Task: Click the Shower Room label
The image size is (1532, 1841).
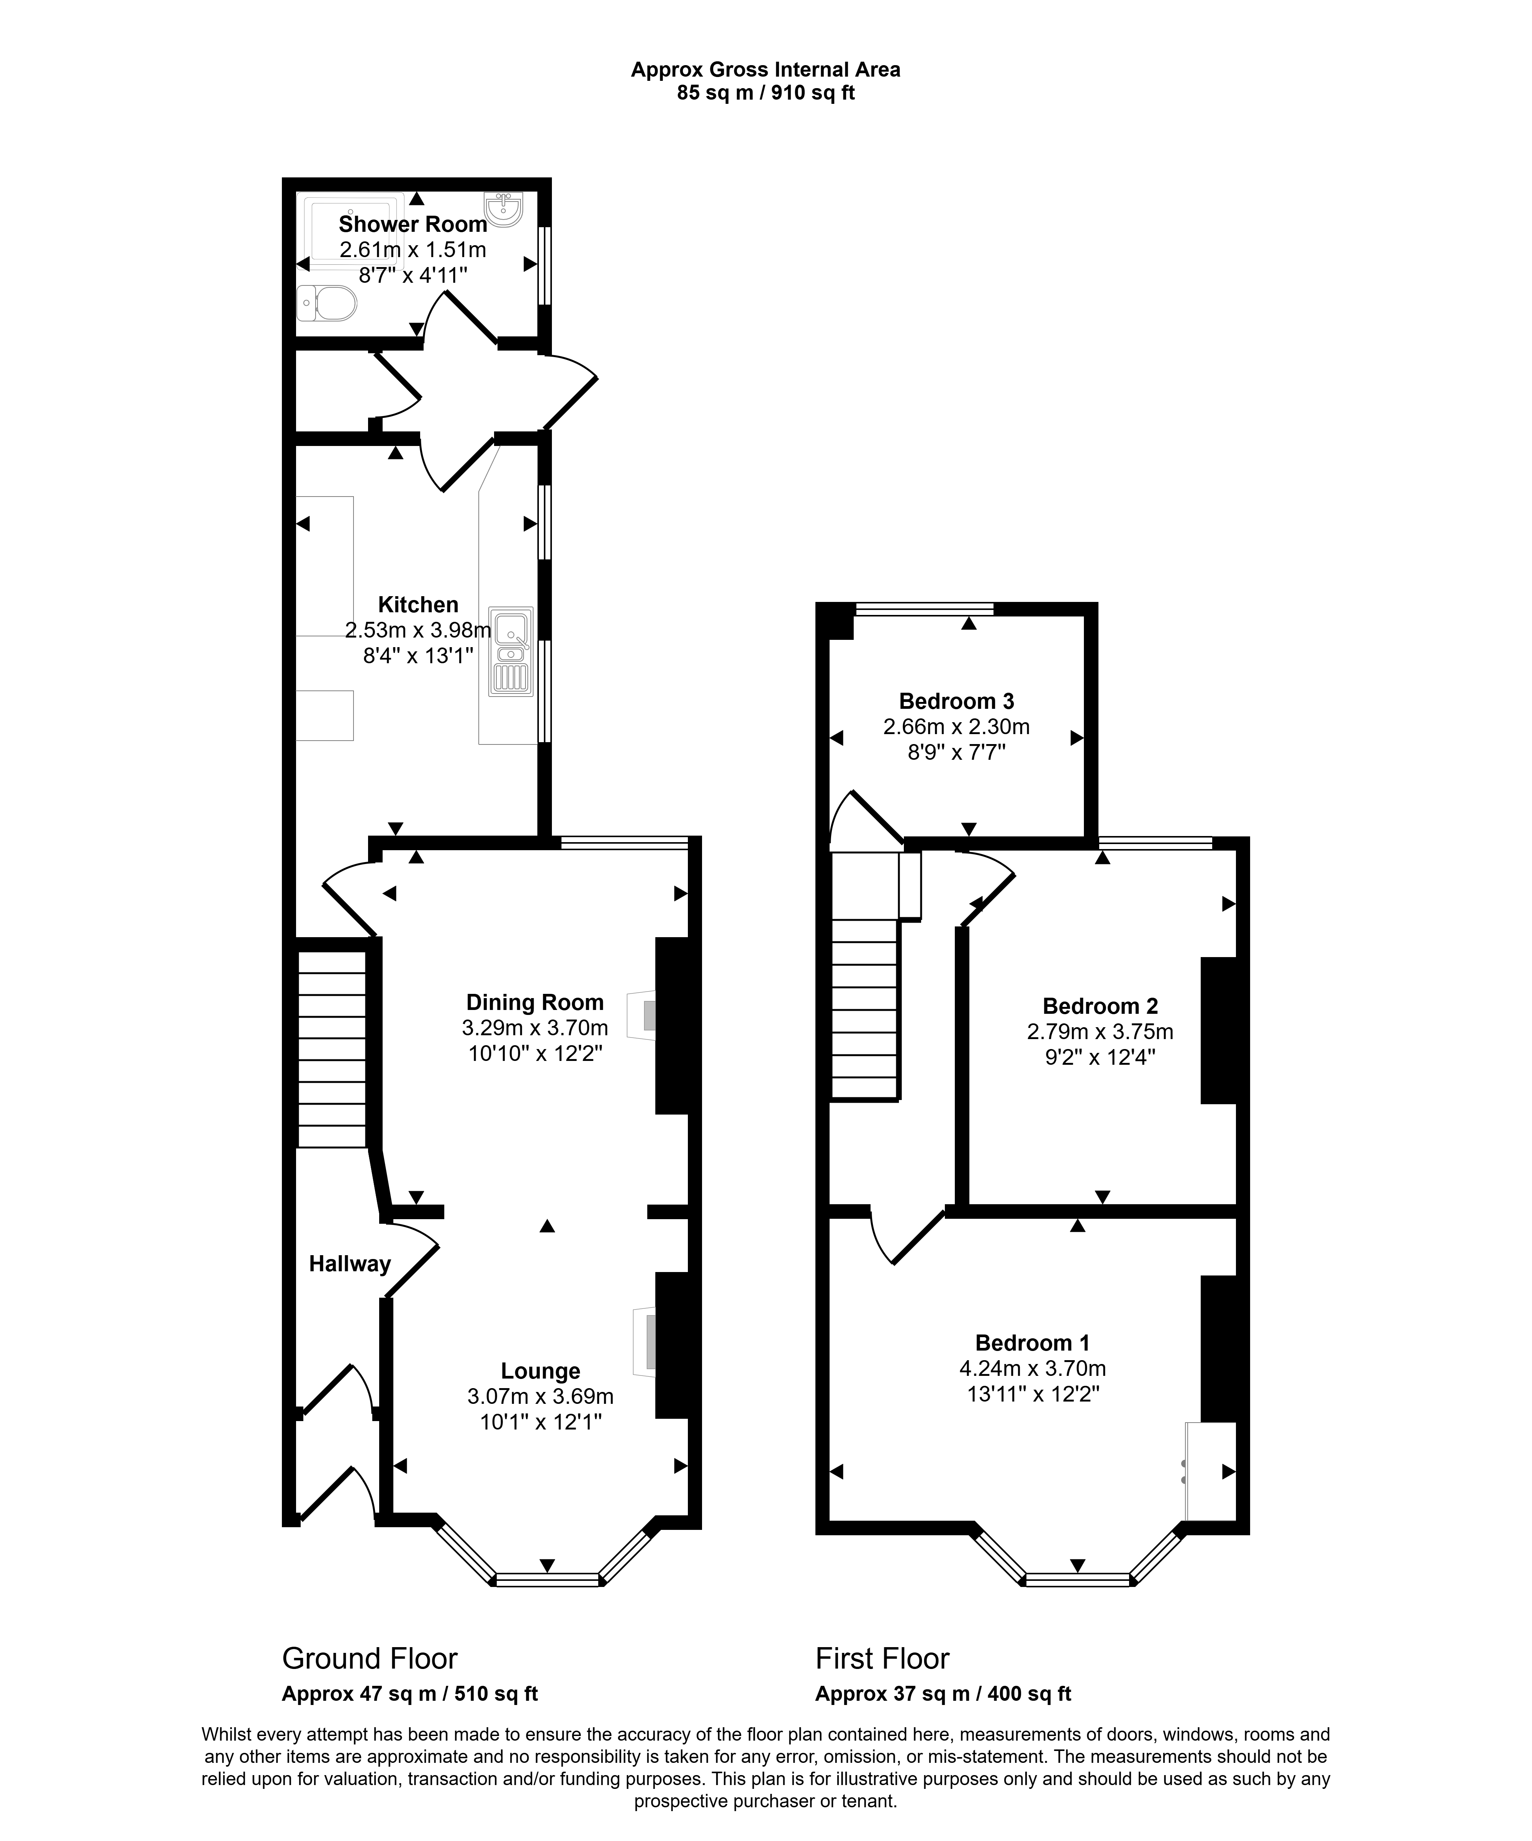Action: tap(413, 225)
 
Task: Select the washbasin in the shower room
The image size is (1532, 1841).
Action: tap(503, 210)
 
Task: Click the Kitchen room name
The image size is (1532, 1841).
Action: tap(418, 605)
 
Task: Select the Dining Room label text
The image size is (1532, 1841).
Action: tap(535, 1002)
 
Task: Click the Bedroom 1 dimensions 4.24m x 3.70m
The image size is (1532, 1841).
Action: tap(1033, 1369)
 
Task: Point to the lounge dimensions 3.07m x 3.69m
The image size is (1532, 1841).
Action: tap(541, 1397)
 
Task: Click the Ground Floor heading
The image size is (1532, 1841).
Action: tap(370, 1659)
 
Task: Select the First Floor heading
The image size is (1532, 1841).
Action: tap(882, 1659)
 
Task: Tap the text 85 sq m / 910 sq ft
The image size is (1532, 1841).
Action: tap(766, 92)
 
